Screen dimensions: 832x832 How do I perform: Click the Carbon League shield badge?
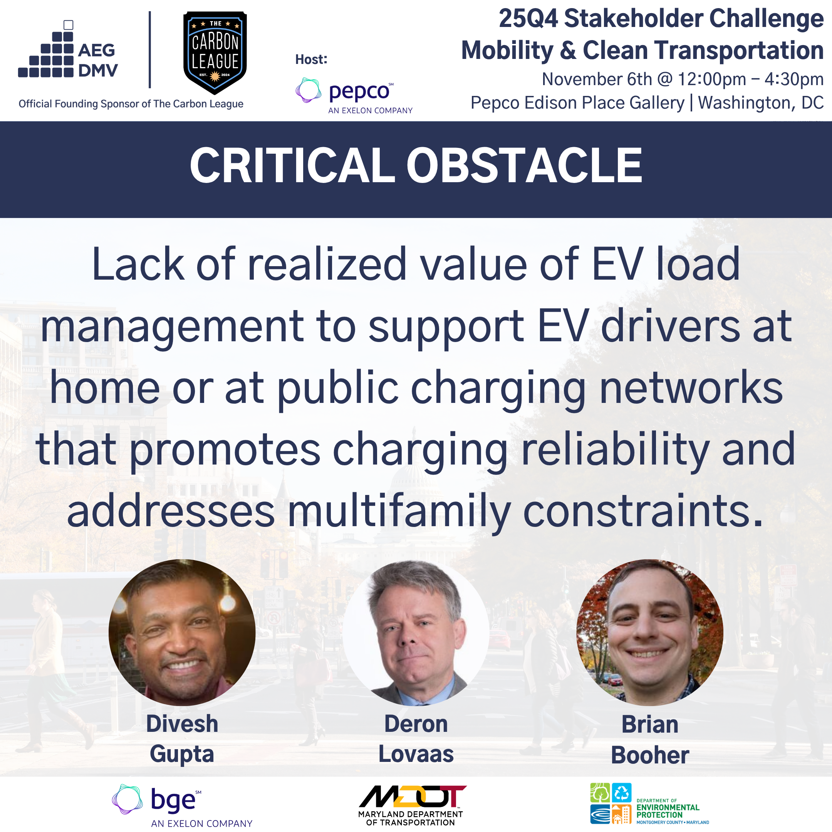[215, 52]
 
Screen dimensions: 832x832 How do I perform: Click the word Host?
[311, 59]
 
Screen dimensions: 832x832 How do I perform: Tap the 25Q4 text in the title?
[528, 19]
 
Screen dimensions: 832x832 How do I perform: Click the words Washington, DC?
[760, 103]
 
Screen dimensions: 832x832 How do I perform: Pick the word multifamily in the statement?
[399, 511]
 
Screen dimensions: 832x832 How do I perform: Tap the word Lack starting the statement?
[138, 264]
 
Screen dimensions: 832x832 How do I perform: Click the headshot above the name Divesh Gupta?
[182, 632]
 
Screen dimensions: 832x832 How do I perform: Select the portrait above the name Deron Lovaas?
[416, 632]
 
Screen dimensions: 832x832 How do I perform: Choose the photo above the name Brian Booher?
[650, 632]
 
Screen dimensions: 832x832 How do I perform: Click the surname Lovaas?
[416, 754]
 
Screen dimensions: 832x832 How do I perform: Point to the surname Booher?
[650, 755]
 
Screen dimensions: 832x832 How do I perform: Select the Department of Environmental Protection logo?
[649, 803]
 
